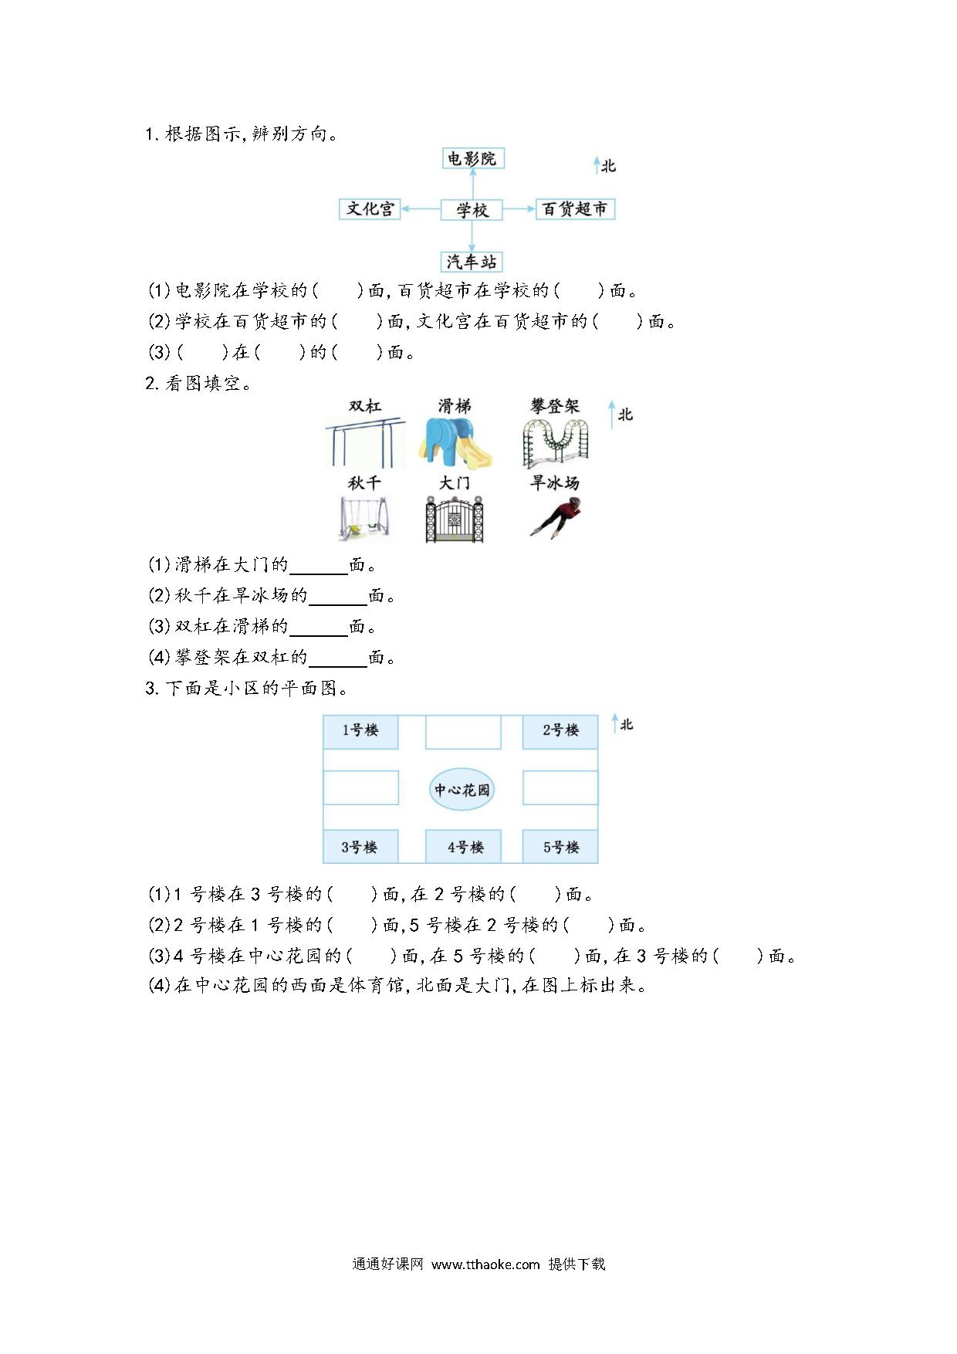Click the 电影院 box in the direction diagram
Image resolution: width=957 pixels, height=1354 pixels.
pyautogui.click(x=472, y=158)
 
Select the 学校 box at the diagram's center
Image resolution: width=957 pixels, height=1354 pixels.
pyautogui.click(x=472, y=209)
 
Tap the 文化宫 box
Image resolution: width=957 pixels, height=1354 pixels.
pyautogui.click(x=370, y=208)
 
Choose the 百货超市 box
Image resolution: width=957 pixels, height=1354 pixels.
pyautogui.click(x=575, y=208)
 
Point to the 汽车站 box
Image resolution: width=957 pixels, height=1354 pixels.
pyautogui.click(x=472, y=261)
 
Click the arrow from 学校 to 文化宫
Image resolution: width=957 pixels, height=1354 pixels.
pyautogui.click(x=421, y=208)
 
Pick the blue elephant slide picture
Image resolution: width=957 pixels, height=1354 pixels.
pyautogui.click(x=455, y=442)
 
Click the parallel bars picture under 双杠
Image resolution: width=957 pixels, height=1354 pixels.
pyautogui.click(x=364, y=442)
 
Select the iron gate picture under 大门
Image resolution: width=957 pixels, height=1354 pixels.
pyautogui.click(x=454, y=518)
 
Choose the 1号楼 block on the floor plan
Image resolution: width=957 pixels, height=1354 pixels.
pyautogui.click(x=360, y=731)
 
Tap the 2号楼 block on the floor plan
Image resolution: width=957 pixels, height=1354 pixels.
pyautogui.click(x=560, y=731)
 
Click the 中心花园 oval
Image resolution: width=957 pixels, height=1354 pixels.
pyautogui.click(x=462, y=789)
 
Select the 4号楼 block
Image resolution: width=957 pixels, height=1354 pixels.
pyautogui.click(x=464, y=847)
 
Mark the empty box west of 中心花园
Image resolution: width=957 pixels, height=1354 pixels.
pyautogui.click(x=360, y=788)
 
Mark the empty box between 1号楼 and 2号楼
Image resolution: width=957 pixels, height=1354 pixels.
pyautogui.click(x=463, y=731)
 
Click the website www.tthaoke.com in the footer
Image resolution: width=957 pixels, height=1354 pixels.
pyautogui.click(x=485, y=1264)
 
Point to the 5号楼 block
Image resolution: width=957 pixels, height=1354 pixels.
pyautogui.click(x=560, y=847)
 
